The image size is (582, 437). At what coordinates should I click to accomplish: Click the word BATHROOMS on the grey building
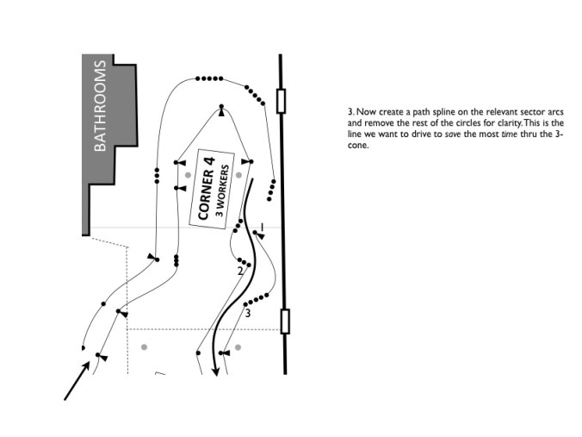click(x=100, y=105)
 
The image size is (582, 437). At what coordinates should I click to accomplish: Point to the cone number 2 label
click(x=240, y=272)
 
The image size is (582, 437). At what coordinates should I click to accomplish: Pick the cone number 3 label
click(x=248, y=313)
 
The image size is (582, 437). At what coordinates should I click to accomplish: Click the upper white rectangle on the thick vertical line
click(x=282, y=100)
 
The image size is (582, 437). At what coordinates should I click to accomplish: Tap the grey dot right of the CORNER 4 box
click(x=239, y=174)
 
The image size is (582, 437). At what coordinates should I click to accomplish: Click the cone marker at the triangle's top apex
click(x=221, y=112)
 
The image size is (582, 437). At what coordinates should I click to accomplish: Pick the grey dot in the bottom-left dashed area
click(x=145, y=346)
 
